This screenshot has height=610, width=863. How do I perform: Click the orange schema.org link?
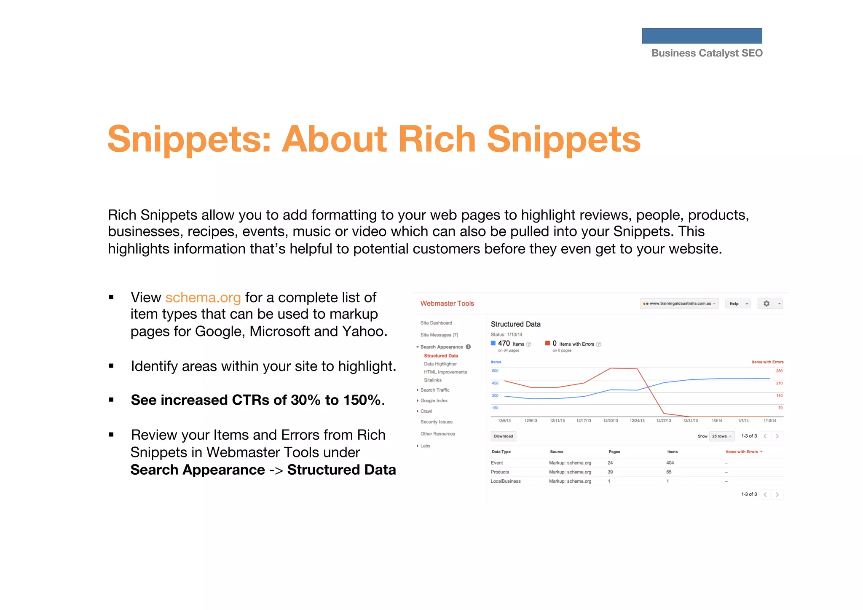(203, 298)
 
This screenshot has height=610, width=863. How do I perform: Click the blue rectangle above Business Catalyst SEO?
(702, 36)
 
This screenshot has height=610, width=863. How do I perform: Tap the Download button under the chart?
(503, 436)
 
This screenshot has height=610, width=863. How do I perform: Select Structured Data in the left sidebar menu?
(441, 356)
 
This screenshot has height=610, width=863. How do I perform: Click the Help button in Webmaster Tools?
(737, 304)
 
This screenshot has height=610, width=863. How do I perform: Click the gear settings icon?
(767, 304)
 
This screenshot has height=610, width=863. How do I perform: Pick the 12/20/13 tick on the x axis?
(610, 421)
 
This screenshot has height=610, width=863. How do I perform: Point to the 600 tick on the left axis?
(495, 371)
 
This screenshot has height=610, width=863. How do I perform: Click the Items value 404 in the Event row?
(670, 463)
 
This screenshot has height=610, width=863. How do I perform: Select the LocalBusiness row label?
(506, 481)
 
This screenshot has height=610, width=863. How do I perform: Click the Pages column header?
(614, 452)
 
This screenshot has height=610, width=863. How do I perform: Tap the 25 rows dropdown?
(721, 436)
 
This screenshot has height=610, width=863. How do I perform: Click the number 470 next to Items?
(504, 344)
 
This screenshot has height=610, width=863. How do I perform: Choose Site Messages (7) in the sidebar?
(439, 335)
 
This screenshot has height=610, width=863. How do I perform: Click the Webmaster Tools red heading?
(447, 304)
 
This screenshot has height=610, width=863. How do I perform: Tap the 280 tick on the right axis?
(779, 371)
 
